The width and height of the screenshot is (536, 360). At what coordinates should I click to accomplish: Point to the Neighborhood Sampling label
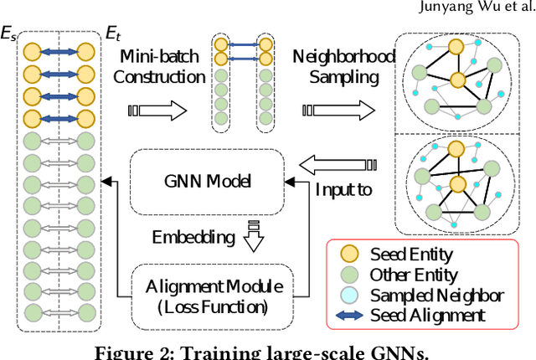(339, 67)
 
